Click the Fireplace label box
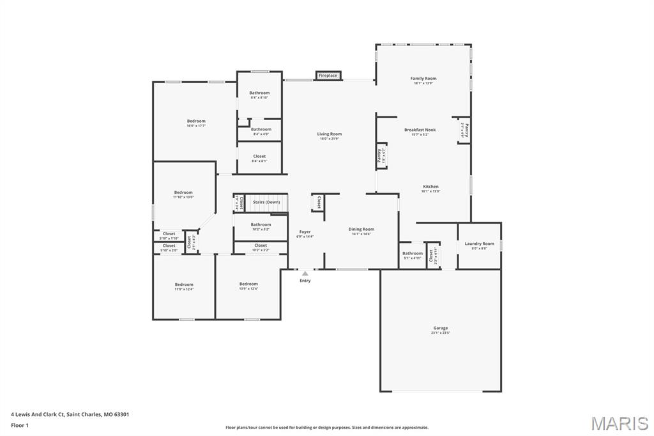[328, 75]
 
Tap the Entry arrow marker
[305, 274]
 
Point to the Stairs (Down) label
[266, 202]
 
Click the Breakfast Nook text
[420, 130]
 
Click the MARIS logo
[620, 423]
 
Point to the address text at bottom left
[70, 414]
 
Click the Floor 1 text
[20, 424]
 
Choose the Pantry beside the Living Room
[380, 155]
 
